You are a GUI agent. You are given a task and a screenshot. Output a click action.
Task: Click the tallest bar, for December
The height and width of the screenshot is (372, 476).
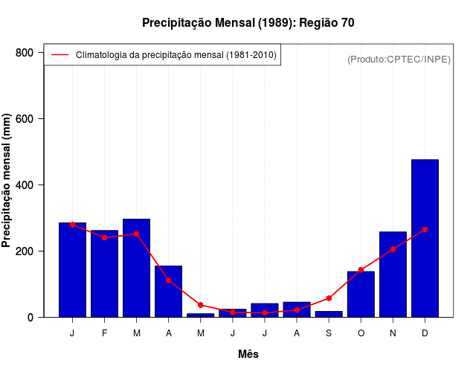[x=425, y=238]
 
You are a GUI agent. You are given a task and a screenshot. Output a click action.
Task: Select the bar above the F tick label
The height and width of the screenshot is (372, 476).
[x=104, y=274]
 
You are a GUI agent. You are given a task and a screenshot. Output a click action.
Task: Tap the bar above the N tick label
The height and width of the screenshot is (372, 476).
[x=393, y=275]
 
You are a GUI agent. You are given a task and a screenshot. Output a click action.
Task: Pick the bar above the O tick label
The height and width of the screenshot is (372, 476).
[x=361, y=295]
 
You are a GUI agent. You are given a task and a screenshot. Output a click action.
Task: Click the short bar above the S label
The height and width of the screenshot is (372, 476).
[x=329, y=314]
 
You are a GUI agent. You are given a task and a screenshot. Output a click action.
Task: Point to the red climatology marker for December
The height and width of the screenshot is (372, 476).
[x=425, y=230]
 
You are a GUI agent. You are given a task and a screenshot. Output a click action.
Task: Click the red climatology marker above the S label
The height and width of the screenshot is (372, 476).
[x=329, y=298]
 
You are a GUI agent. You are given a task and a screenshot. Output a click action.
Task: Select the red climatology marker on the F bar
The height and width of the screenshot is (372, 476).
[x=104, y=237]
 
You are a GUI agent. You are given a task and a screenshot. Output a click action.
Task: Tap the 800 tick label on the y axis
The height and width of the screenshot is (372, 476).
[x=45, y=53]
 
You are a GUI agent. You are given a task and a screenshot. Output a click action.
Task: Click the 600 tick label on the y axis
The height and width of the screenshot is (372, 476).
[x=45, y=119]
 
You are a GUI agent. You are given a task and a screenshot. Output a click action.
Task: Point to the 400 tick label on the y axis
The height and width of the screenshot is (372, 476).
[x=45, y=185]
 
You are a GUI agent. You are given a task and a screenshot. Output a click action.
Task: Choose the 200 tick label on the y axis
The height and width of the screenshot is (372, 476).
[x=45, y=251]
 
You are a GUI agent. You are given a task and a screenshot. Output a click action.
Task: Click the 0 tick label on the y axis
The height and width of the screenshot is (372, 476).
[x=51, y=318]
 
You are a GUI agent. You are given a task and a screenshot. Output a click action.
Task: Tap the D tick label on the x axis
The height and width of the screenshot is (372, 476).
[x=425, y=333]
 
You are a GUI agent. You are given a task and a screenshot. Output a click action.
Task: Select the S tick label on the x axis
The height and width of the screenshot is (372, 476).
[x=329, y=333]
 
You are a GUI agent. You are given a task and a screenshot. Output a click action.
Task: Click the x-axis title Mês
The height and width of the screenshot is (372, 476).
[x=248, y=354]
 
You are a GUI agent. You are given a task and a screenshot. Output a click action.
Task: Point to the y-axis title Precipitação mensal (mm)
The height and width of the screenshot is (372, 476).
[x=7, y=181]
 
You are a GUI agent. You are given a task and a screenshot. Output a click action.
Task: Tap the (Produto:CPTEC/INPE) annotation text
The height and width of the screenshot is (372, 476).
[x=399, y=59]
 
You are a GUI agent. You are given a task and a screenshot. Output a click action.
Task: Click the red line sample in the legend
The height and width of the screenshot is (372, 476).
[x=59, y=55]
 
